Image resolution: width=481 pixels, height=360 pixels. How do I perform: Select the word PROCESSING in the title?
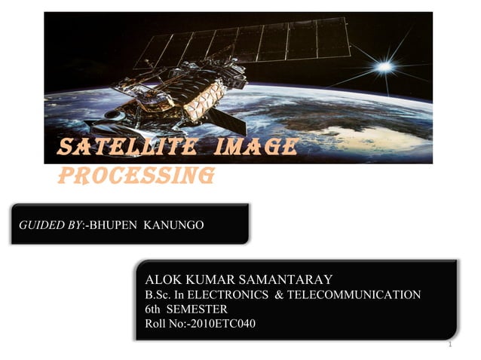point(136,175)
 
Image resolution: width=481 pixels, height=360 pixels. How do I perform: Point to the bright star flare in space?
point(385,66)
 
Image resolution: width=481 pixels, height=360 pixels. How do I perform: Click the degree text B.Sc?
point(158,294)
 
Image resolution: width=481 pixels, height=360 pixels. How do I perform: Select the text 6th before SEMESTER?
point(154,309)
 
